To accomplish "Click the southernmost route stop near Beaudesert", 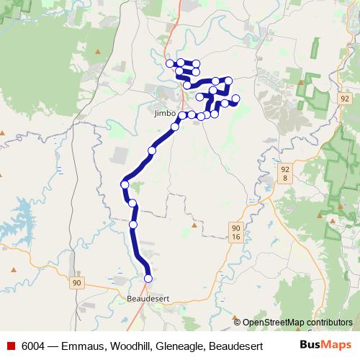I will (x=148, y=278).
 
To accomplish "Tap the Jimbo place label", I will (x=164, y=114).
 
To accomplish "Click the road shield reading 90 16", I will (x=235, y=231).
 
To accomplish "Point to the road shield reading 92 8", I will (x=286, y=173).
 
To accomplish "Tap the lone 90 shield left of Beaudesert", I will (x=76, y=283).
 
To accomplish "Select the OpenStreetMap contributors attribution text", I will (x=297, y=322).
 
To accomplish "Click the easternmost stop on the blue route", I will (x=235, y=99).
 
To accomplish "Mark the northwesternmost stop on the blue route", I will (x=171, y=63).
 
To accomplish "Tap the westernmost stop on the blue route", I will (x=125, y=184).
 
